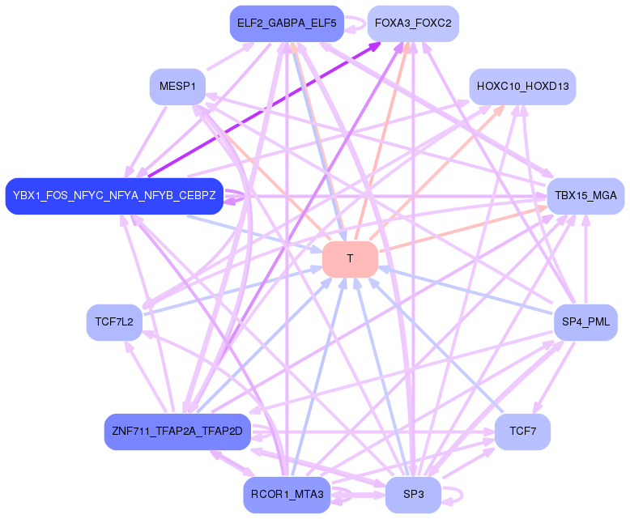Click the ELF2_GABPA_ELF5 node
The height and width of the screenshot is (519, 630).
[x=287, y=23]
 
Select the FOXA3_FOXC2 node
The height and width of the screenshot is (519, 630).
[x=413, y=23]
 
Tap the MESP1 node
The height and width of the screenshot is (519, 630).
[x=177, y=87]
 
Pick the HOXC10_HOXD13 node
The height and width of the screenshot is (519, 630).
[x=522, y=87]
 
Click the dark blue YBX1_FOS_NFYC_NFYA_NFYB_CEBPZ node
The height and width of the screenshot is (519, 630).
[x=114, y=196]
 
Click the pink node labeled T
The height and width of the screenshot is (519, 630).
[x=350, y=259]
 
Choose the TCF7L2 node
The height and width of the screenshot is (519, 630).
[x=114, y=322]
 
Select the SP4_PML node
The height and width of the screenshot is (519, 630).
[x=585, y=322]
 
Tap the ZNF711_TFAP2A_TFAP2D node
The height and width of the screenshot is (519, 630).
[x=177, y=431]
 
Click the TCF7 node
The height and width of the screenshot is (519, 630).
[x=522, y=431]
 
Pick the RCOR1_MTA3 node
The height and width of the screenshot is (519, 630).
[x=287, y=495]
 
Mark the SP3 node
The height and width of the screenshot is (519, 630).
[x=413, y=495]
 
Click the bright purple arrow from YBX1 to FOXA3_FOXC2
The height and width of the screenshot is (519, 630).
[x=267, y=106]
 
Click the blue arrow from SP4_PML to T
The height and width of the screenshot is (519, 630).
[x=470, y=291]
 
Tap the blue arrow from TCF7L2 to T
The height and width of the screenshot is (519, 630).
[x=235, y=290]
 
